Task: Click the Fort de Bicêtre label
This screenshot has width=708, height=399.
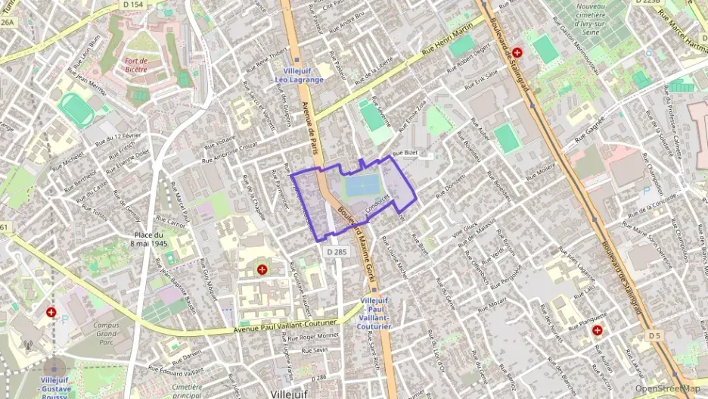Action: point(136,64)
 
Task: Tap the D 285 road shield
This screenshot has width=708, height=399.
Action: point(337,251)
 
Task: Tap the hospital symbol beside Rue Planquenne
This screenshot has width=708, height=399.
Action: point(597,330)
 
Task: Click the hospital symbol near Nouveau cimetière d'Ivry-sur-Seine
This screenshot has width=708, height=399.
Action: point(517,53)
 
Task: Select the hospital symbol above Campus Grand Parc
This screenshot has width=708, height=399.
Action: point(51,312)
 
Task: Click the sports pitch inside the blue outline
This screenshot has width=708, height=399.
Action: point(361,185)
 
